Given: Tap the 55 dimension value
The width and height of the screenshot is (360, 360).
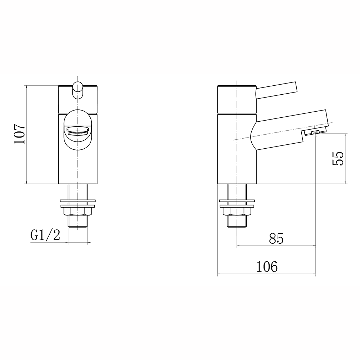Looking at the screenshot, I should point(337,158).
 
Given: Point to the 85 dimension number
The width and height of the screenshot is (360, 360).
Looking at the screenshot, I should point(276,238).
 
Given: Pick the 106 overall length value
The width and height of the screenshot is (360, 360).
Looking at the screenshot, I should point(267,267).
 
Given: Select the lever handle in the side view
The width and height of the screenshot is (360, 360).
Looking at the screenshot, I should point(276,90).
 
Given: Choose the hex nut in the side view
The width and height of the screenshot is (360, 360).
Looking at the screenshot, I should point(237,211).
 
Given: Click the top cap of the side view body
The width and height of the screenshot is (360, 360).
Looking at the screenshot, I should point(237,99).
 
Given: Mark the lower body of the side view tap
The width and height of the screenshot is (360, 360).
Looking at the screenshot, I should point(237,162).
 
